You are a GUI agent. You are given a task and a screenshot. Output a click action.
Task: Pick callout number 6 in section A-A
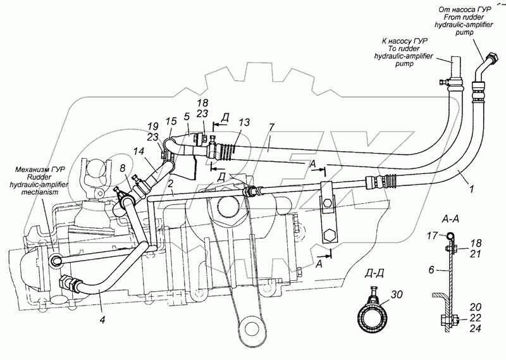coord(430,270)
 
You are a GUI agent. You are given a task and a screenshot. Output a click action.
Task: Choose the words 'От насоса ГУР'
coord(463,8)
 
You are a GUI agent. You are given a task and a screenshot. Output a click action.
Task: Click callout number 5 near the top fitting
coord(188,117)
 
